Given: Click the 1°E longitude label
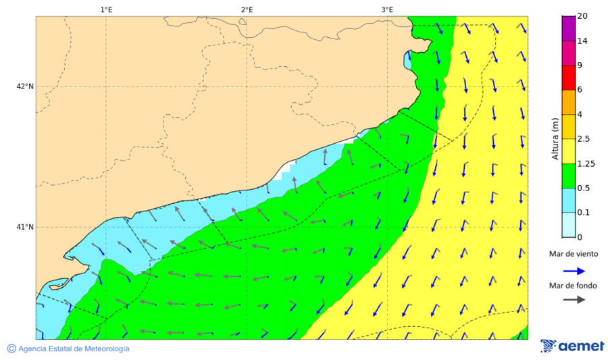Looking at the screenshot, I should tap(106, 9).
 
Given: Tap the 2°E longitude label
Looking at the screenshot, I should tap(247, 9).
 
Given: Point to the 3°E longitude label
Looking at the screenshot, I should tap(387, 9).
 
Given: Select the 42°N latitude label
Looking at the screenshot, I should tap(25, 86).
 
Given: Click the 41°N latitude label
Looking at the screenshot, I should tap(25, 227).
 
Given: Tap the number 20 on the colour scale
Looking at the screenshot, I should tap(582, 16).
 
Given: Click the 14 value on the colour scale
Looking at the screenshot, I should tap(582, 41).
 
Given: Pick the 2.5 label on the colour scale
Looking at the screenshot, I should tap(584, 139).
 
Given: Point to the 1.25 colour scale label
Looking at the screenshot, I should tap(586, 164).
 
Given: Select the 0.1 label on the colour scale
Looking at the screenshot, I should tap(584, 213).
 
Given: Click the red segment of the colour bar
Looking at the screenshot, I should tap(568, 78).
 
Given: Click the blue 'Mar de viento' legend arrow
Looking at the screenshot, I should tap(574, 271).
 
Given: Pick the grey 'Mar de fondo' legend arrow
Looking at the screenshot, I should tap(574, 300).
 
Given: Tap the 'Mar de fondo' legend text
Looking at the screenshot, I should tap(573, 286).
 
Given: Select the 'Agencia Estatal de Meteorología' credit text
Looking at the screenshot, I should tap(74, 349).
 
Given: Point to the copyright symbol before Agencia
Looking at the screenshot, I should tap(11, 349).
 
